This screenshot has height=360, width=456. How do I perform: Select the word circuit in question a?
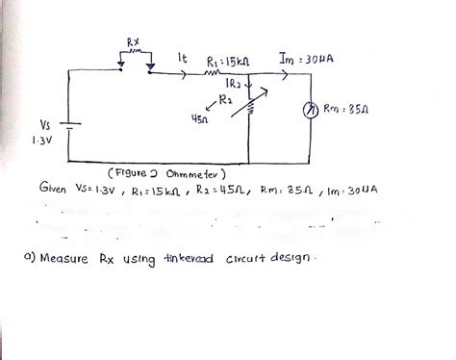point(248,261)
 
